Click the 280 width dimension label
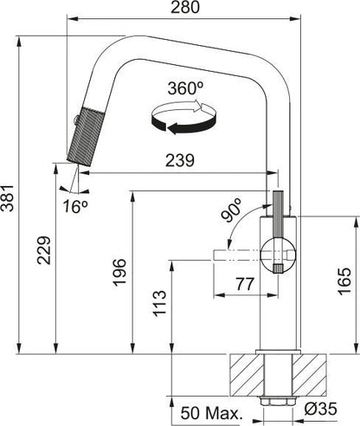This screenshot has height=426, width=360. (185, 7)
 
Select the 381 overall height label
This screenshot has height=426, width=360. (8, 198)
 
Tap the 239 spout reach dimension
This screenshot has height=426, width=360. (180, 160)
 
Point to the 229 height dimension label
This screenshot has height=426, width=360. (44, 250)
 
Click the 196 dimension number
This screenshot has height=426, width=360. (119, 273)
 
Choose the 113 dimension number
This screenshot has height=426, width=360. (159, 304)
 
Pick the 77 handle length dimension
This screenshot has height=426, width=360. (245, 284)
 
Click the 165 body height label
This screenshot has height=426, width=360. (344, 281)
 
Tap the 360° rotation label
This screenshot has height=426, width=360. (185, 88)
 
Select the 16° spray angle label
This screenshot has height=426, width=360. (75, 206)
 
